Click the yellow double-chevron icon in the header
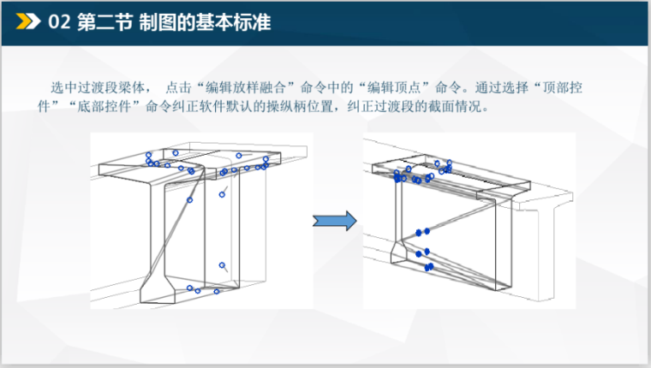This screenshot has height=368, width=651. (27, 21)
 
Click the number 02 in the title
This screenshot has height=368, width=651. (59, 21)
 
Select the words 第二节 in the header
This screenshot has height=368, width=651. (105, 21)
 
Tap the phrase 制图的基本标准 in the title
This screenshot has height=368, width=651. (205, 21)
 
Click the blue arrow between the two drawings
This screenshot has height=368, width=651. (335, 221)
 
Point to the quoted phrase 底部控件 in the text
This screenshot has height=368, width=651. (105, 107)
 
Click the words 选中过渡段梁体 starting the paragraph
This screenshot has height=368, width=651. (98, 87)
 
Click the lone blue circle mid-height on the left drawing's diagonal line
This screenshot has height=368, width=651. (190, 200)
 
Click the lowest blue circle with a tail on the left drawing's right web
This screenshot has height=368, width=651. (222, 265)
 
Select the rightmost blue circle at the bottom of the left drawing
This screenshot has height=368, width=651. (217, 292)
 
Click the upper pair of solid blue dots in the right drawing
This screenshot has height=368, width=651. (422, 232)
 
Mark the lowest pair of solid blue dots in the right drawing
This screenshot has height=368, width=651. (429, 267)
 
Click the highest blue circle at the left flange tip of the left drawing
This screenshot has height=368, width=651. (149, 155)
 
